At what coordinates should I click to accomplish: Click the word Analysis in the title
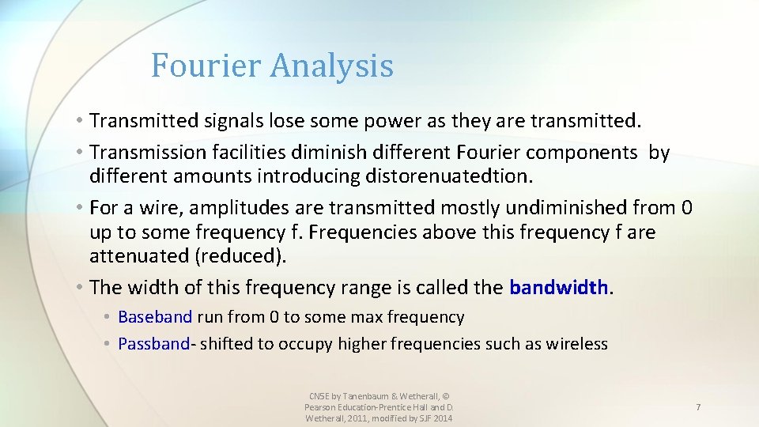point(331,66)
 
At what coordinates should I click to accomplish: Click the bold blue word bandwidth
point(559,287)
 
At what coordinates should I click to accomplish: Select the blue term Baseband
point(155,317)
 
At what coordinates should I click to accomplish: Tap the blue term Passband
point(154,344)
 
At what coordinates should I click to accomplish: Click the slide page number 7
point(698,406)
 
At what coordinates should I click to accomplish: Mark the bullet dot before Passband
point(107,344)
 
